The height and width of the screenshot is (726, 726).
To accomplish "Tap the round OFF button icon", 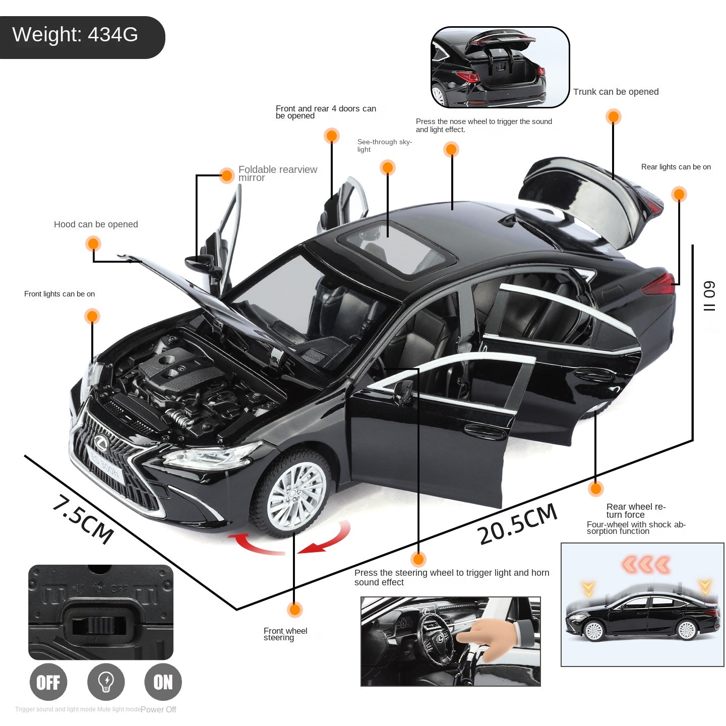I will (48, 682).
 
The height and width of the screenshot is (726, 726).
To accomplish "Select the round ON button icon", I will (163, 682).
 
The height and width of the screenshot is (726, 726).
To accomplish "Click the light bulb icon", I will (106, 682).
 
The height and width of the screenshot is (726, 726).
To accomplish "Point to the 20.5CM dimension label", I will (517, 524).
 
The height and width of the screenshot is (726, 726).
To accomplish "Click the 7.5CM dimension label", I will (83, 519).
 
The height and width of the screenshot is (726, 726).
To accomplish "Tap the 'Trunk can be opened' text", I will (616, 92).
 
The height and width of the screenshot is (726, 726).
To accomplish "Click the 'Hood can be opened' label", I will (96, 224).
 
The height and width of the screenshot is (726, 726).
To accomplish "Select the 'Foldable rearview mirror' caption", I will (277, 173).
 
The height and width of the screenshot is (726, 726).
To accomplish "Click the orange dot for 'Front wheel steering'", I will (295, 610).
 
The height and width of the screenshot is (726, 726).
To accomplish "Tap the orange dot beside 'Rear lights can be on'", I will (679, 194).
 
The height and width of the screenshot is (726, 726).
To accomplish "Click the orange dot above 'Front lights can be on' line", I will (92, 316).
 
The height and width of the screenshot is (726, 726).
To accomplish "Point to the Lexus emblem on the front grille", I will (101, 444).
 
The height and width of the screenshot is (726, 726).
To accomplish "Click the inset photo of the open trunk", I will (500, 67).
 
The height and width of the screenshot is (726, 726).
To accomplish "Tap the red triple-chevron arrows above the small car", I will (646, 565).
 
